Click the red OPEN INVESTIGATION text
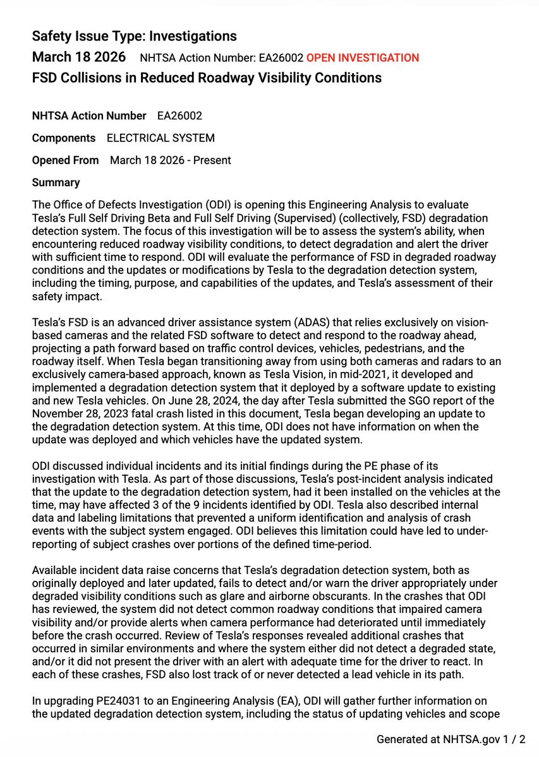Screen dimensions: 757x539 [362, 58]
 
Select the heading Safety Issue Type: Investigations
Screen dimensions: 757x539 [135, 36]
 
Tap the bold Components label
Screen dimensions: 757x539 [64, 138]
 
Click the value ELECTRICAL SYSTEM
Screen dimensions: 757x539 [160, 138]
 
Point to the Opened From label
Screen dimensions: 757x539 [65, 160]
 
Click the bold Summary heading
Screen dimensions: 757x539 [56, 182]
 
